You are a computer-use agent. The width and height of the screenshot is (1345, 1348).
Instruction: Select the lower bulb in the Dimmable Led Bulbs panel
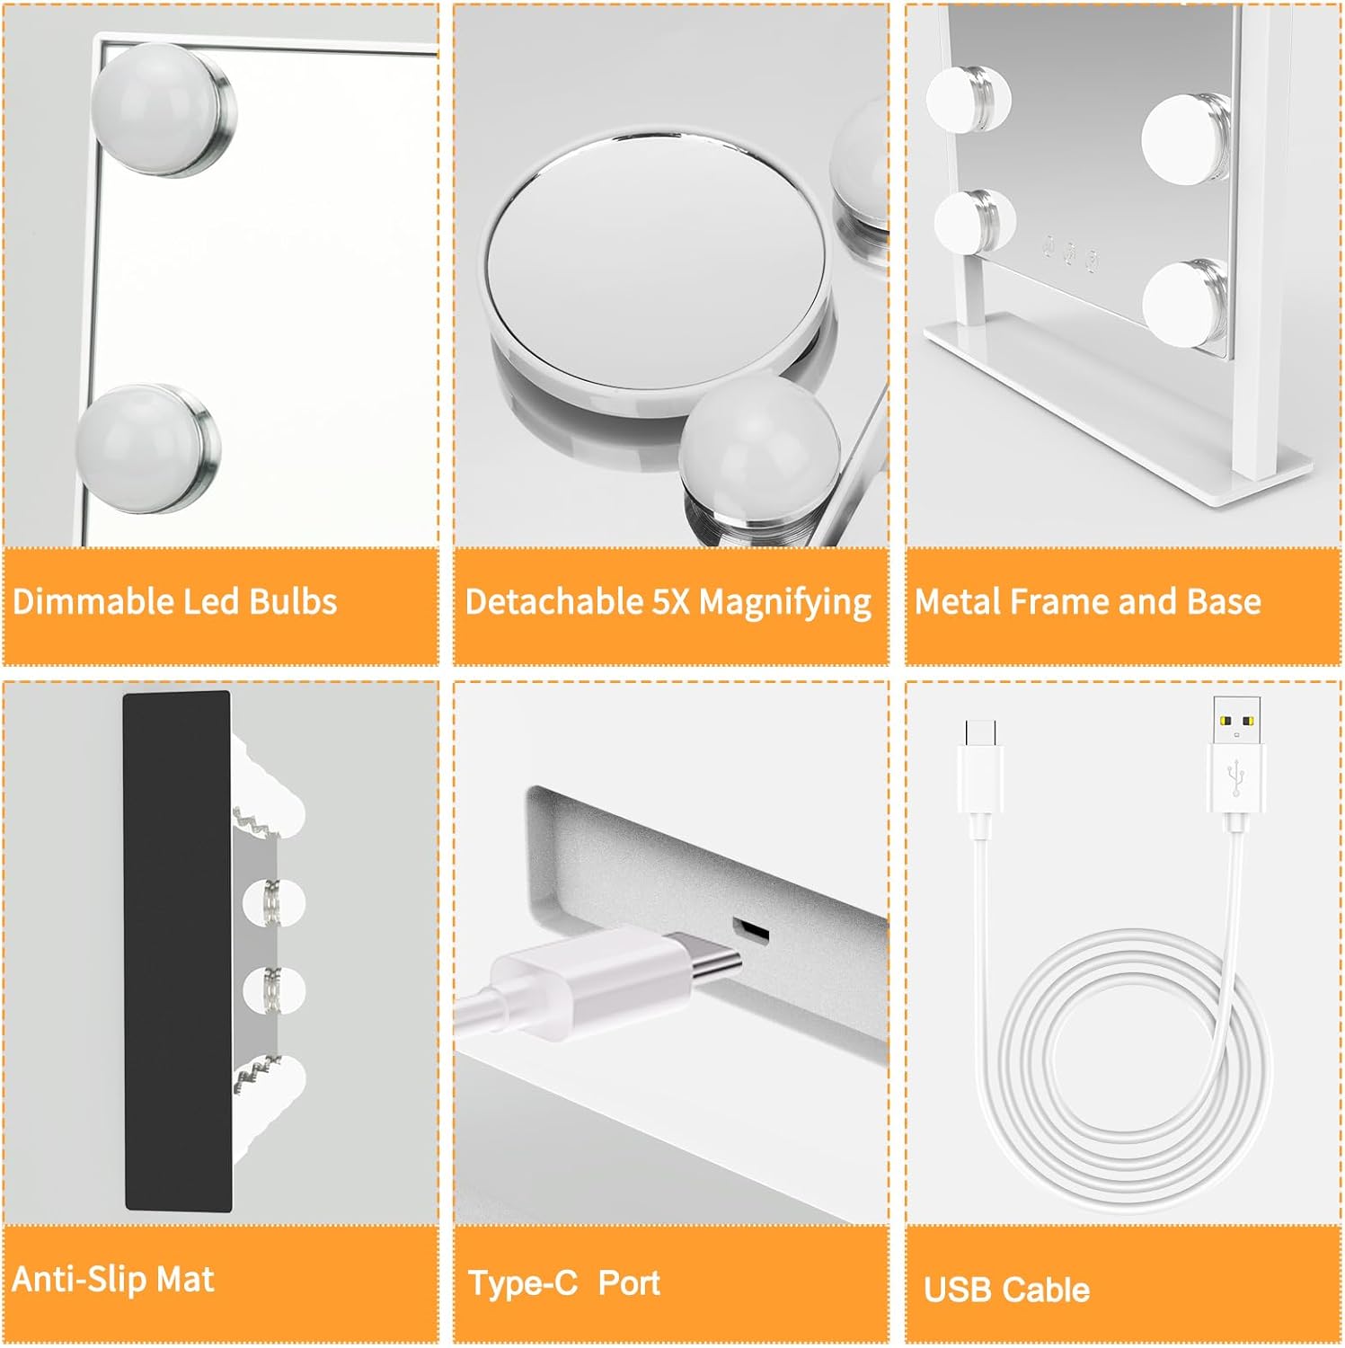coord(148,448)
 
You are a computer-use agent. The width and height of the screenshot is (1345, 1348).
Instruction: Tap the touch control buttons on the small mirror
coord(1069,252)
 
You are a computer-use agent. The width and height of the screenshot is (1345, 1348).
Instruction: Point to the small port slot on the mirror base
coord(750,930)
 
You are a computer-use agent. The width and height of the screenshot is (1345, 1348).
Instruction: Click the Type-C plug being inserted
coord(611,980)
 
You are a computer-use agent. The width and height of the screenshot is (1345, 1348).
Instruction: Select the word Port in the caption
coord(629,1282)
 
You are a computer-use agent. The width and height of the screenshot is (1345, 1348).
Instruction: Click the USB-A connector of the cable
coord(1236,764)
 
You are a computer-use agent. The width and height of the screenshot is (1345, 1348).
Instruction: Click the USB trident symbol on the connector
coord(1237,776)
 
